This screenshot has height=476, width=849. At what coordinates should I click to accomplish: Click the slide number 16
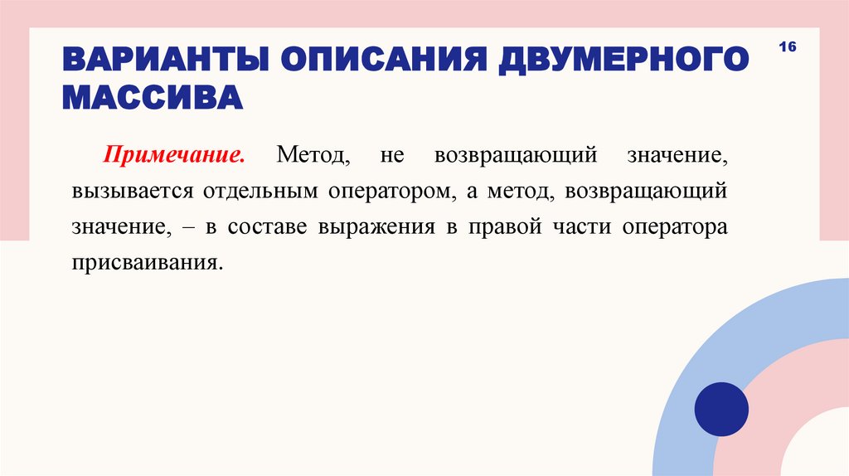(x=787, y=48)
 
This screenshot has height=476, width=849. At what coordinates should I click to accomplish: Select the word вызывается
(x=120, y=191)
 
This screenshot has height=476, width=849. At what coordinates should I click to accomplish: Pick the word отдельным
(x=252, y=191)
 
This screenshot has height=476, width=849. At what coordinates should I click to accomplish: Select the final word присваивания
(x=148, y=263)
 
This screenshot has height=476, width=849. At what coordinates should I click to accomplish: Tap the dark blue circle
(x=721, y=409)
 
